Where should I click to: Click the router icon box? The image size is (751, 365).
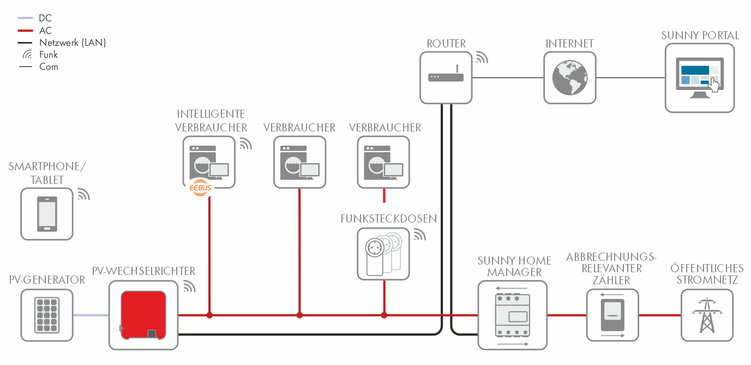click(446, 77)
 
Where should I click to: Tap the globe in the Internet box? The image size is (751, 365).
click(570, 77)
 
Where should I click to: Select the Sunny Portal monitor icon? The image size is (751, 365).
click(700, 78)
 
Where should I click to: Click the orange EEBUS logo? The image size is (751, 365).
click(200, 188)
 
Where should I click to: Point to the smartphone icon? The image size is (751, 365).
click(46, 214)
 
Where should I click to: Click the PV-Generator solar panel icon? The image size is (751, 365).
click(47, 315)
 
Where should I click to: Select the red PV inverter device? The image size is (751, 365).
click(143, 315)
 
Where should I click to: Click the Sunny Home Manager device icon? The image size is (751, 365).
click(512, 315)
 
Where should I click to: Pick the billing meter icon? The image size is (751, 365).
click(612, 315)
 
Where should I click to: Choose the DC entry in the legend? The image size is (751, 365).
click(46, 18)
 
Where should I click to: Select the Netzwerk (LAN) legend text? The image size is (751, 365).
click(73, 43)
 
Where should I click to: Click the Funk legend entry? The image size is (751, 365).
click(48, 55)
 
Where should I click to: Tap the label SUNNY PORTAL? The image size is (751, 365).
click(700, 35)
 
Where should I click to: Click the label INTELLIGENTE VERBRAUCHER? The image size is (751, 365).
click(211, 121)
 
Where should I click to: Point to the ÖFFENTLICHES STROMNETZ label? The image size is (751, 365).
click(707, 274)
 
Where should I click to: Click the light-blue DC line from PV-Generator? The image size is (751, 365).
click(91, 315)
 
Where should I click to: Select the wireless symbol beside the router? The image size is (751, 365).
click(482, 57)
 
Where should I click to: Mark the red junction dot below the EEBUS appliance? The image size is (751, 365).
click(209, 315)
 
